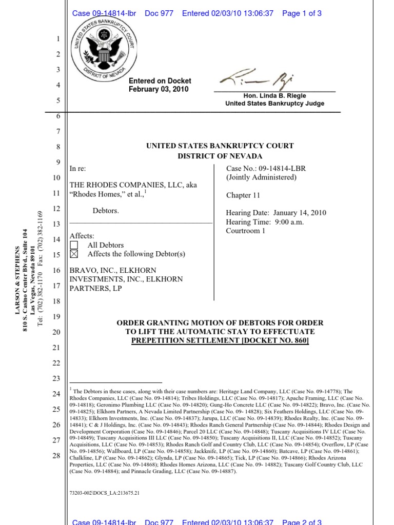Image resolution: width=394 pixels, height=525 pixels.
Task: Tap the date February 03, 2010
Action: (x=159, y=89)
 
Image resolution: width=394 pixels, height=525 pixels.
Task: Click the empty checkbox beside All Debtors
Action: (x=74, y=245)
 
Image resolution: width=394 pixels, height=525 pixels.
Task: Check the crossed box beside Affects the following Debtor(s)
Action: (x=74, y=254)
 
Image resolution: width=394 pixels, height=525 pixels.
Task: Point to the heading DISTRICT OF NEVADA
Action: (x=220, y=156)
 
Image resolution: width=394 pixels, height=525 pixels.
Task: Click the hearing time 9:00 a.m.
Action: (x=289, y=222)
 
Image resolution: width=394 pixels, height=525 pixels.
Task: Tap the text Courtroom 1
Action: (x=246, y=231)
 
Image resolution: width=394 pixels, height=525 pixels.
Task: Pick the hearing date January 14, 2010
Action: (x=300, y=213)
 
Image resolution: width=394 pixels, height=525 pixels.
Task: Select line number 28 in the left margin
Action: (x=57, y=456)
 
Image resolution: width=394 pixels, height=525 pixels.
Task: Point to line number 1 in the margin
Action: (x=58, y=39)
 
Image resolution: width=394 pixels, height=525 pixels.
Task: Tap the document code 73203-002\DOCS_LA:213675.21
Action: (x=104, y=493)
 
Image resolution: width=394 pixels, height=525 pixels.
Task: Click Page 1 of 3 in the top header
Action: (x=302, y=14)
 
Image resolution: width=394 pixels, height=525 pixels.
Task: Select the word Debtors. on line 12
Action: (x=106, y=211)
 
